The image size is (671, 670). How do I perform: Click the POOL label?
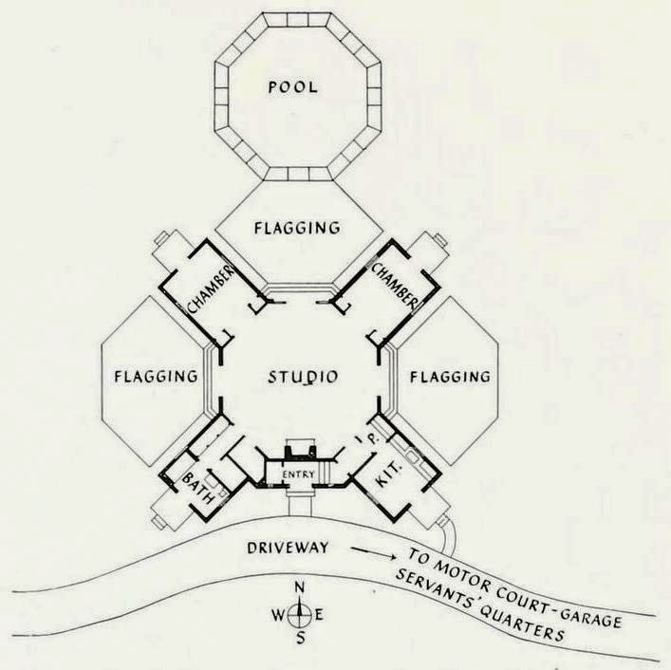pyautogui.click(x=292, y=88)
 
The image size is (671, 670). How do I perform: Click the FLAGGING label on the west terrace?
pyautogui.click(x=155, y=376)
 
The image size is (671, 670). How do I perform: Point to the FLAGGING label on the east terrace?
pyautogui.click(x=450, y=377)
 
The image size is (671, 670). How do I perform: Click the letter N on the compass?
pyautogui.click(x=300, y=589)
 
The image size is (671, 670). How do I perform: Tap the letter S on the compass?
pyautogui.click(x=301, y=638)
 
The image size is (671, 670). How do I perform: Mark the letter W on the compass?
pyautogui.click(x=279, y=614)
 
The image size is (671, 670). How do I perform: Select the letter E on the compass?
pyautogui.click(x=320, y=614)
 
